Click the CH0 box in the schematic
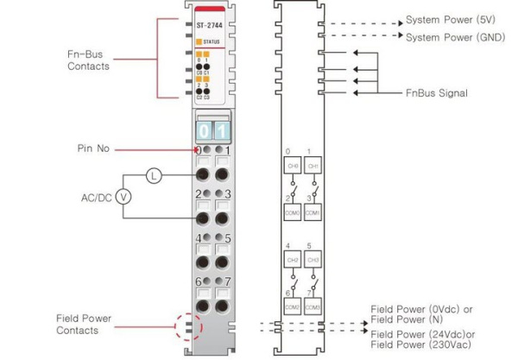[293, 166]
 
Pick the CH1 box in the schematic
[313, 166]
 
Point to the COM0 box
[293, 212]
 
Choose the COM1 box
[313, 212]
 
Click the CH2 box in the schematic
[293, 260]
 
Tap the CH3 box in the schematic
[313, 260]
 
